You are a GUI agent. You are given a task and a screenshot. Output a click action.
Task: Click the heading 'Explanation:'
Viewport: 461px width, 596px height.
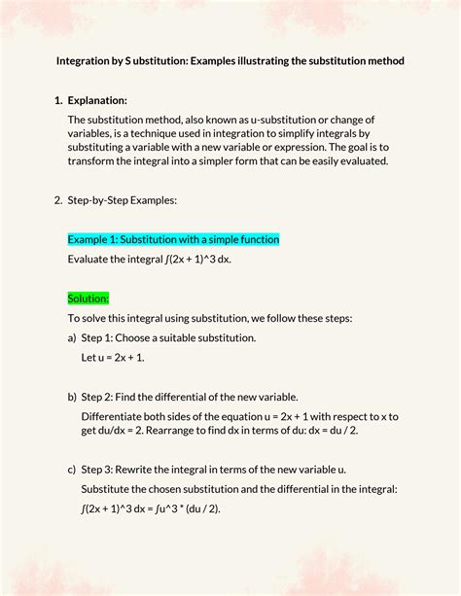click(98, 100)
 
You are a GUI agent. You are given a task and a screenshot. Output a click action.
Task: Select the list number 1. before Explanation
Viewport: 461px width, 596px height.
click(57, 100)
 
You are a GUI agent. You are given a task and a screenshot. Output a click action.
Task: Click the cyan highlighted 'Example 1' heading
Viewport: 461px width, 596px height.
click(173, 239)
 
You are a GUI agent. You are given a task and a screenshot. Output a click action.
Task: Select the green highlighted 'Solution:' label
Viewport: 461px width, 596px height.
click(89, 298)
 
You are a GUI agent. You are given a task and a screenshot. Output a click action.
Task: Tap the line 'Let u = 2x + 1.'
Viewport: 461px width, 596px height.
click(113, 358)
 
